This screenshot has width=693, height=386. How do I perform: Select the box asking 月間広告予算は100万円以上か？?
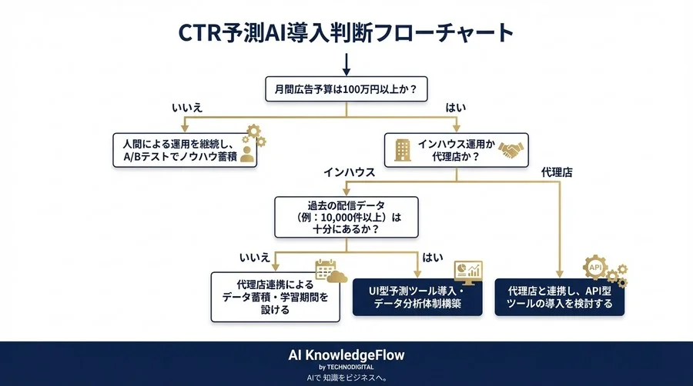(x=346, y=88)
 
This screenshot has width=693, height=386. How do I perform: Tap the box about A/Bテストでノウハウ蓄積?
(x=183, y=149)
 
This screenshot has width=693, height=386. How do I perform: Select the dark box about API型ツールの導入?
(x=559, y=298)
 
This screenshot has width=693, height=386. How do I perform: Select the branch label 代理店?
(x=557, y=172)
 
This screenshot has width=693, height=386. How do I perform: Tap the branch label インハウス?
(x=349, y=172)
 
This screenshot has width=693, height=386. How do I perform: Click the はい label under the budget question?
(x=456, y=108)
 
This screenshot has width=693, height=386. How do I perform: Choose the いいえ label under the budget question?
(x=187, y=108)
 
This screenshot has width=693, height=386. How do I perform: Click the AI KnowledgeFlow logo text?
(x=346, y=354)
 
